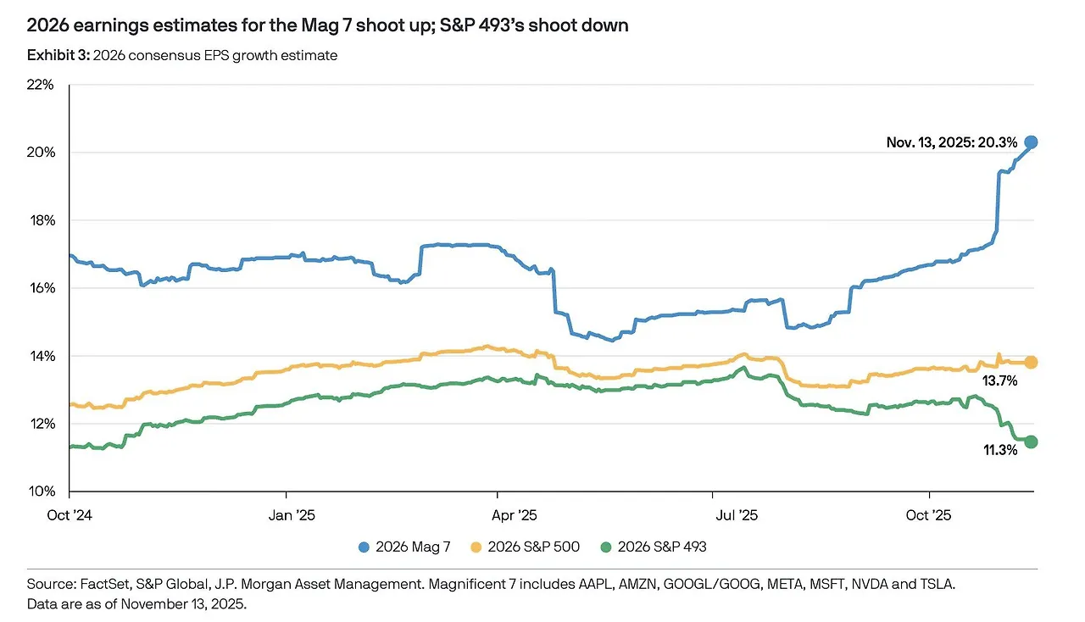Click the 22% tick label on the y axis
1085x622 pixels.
(40, 85)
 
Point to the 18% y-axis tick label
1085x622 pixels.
(40, 220)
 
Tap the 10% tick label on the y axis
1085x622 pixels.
(40, 491)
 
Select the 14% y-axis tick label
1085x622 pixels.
(40, 356)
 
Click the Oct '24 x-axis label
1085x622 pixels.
(70, 514)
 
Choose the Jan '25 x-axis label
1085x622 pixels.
(287, 514)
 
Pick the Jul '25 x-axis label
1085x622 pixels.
(713, 514)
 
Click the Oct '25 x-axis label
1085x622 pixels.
(930, 514)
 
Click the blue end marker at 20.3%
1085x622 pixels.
(1031, 142)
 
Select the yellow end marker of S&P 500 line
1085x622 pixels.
(1031, 362)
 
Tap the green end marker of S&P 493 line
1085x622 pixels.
(1031, 442)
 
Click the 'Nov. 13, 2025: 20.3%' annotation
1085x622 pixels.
(952, 143)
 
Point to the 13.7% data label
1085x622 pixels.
(999, 381)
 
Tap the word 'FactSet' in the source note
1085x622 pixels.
(105, 585)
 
